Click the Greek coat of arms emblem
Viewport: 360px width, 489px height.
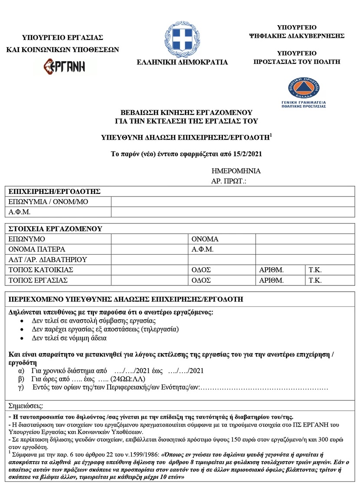[182, 37]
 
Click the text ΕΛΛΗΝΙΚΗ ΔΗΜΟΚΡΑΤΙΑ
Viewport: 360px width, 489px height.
[182, 62]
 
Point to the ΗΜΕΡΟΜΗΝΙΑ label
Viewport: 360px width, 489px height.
[236, 171]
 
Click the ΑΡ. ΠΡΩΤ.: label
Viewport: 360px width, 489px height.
[229, 181]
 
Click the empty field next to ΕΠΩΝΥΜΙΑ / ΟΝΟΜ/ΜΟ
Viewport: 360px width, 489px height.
[234, 202]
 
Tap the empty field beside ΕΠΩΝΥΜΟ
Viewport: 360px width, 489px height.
[150, 239]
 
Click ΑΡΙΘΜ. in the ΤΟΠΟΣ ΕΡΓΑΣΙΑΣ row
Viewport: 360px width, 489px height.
[271, 280]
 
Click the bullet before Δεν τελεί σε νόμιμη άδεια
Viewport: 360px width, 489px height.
[22, 338]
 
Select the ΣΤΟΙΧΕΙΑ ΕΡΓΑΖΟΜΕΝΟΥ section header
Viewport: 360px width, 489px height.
[55, 228]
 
